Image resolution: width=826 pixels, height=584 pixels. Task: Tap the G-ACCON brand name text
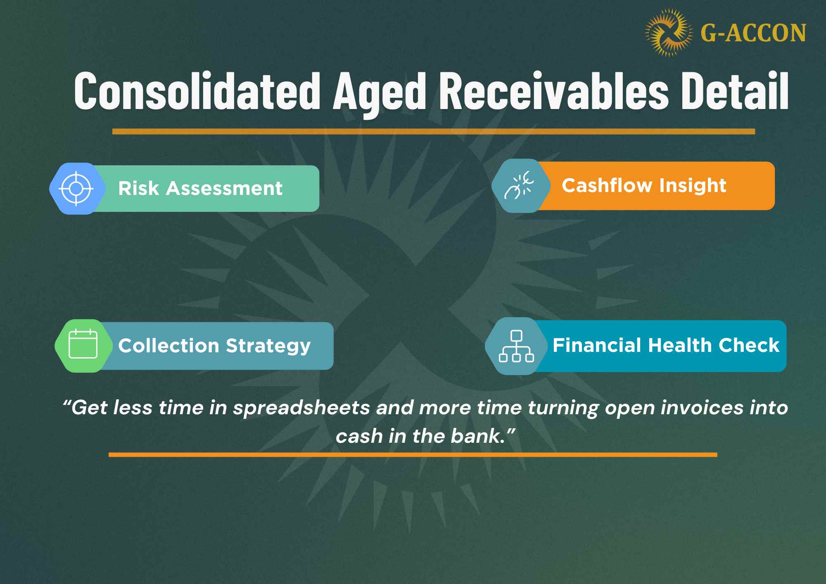coord(753,33)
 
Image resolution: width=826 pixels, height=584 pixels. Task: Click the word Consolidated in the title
coord(197,91)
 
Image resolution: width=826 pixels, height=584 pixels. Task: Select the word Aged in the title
coord(379,92)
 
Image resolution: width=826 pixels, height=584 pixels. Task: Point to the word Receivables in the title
coord(553,91)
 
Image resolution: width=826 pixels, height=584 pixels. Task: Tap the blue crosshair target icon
coord(76,189)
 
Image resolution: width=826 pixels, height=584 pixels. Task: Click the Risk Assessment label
coord(200,189)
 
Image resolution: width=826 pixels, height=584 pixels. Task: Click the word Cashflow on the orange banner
coord(607,185)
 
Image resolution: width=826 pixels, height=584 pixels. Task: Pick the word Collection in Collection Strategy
coord(169,346)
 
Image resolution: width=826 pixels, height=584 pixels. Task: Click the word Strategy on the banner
coord(268,346)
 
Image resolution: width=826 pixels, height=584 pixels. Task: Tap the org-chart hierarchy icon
coord(516,346)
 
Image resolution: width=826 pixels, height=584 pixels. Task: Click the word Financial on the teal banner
coord(597,345)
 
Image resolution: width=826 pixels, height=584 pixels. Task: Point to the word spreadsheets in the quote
coord(301,408)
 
